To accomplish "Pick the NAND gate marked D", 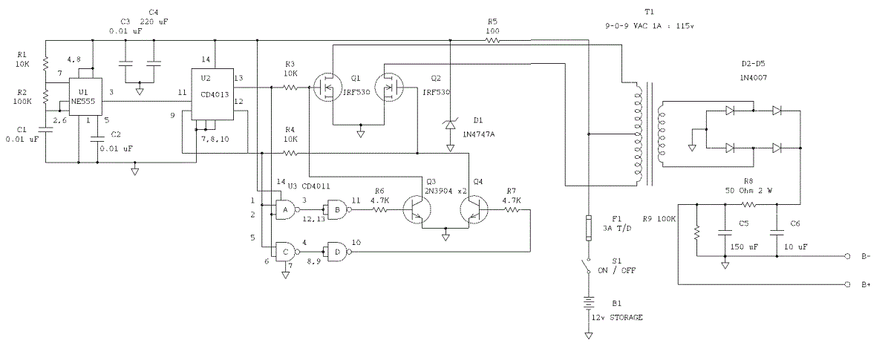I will click(340, 250).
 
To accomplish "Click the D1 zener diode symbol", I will click(448, 125).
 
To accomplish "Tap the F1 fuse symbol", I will click(589, 225).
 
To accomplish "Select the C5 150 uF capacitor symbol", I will click(724, 230).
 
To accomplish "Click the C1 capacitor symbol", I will click(46, 131).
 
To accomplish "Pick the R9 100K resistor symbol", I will click(696, 233).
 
